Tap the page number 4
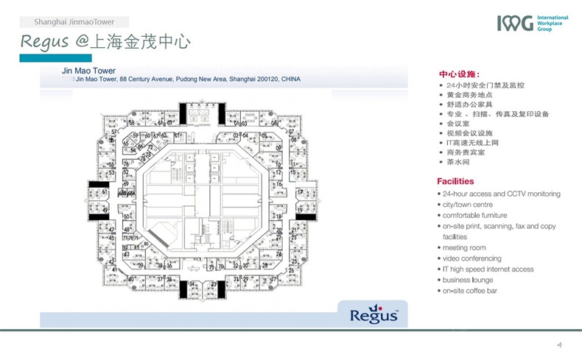click(x=560, y=345)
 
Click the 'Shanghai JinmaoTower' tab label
click(x=74, y=22)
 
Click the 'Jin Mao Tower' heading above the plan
click(x=88, y=71)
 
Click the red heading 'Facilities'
click(x=455, y=181)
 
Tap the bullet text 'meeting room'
click(x=464, y=248)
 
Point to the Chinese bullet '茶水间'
click(x=457, y=162)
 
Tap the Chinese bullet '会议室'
click(x=457, y=124)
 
